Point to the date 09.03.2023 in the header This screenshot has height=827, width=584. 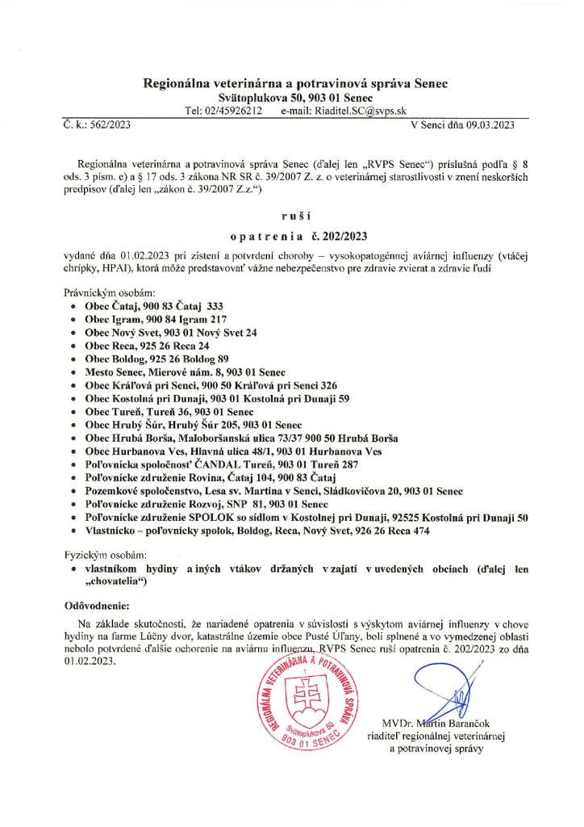click(489, 125)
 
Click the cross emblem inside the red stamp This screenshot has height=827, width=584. click(303, 697)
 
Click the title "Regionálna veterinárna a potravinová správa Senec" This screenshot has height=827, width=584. click(296, 83)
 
